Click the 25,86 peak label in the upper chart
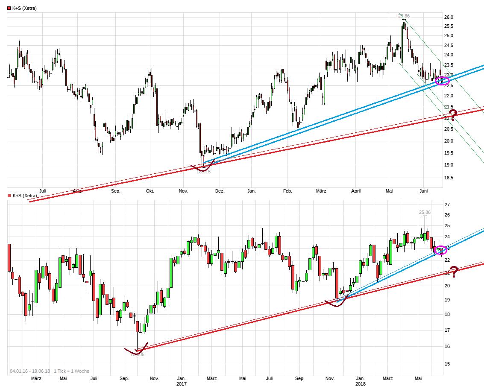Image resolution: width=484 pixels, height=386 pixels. (403, 16)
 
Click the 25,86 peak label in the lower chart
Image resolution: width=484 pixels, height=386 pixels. (425, 212)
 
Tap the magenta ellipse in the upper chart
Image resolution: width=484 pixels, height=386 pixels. (441, 80)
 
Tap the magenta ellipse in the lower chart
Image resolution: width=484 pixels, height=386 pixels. (440, 250)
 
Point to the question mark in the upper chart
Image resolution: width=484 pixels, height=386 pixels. (453, 114)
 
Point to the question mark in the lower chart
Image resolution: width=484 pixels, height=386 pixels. (453, 272)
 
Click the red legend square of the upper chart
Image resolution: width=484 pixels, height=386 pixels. (9, 8)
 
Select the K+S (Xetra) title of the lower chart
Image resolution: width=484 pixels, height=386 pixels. (25, 196)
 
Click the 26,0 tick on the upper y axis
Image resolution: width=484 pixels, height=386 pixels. (449, 17)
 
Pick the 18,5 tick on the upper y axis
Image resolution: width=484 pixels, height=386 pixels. (449, 178)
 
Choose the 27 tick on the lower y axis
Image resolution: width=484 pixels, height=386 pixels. (447, 205)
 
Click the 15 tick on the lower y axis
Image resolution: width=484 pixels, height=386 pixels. (447, 364)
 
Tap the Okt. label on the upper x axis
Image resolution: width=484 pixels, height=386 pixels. (150, 191)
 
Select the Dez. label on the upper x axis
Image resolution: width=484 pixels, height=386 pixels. (220, 191)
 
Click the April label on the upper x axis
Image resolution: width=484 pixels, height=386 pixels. (356, 191)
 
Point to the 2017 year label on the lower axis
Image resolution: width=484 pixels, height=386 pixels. (182, 384)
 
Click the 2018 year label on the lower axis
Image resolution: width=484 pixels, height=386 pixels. (361, 384)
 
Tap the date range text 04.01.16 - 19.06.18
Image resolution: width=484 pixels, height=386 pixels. (29, 371)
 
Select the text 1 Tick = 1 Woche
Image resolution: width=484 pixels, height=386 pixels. (71, 371)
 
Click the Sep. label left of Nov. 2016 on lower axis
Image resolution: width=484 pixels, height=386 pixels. (124, 378)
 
